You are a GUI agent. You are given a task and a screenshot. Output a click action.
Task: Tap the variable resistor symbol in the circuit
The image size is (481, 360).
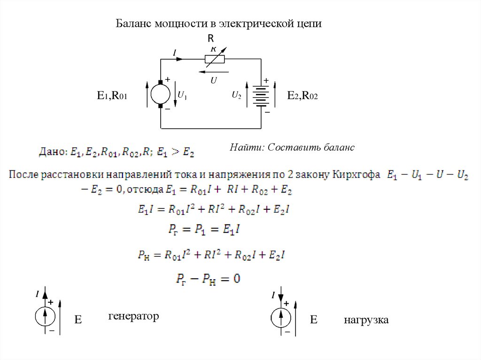pyautogui.click(x=214, y=59)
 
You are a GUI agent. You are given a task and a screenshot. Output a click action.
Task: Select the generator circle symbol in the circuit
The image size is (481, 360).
pyautogui.click(x=160, y=94)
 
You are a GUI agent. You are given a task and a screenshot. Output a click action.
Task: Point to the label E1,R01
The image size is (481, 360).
pyautogui.click(x=112, y=96)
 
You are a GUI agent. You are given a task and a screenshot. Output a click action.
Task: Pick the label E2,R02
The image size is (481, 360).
pyautogui.click(x=303, y=96)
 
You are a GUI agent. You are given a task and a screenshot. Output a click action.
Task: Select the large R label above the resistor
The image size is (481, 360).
pyautogui.click(x=211, y=38)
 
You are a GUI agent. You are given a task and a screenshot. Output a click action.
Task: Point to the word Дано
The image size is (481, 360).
pyautogui.click(x=52, y=152)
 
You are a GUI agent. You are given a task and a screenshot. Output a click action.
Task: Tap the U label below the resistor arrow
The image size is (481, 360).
pyautogui.click(x=213, y=80)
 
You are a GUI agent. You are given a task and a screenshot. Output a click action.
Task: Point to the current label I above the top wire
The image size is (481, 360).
pyautogui.click(x=174, y=54)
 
